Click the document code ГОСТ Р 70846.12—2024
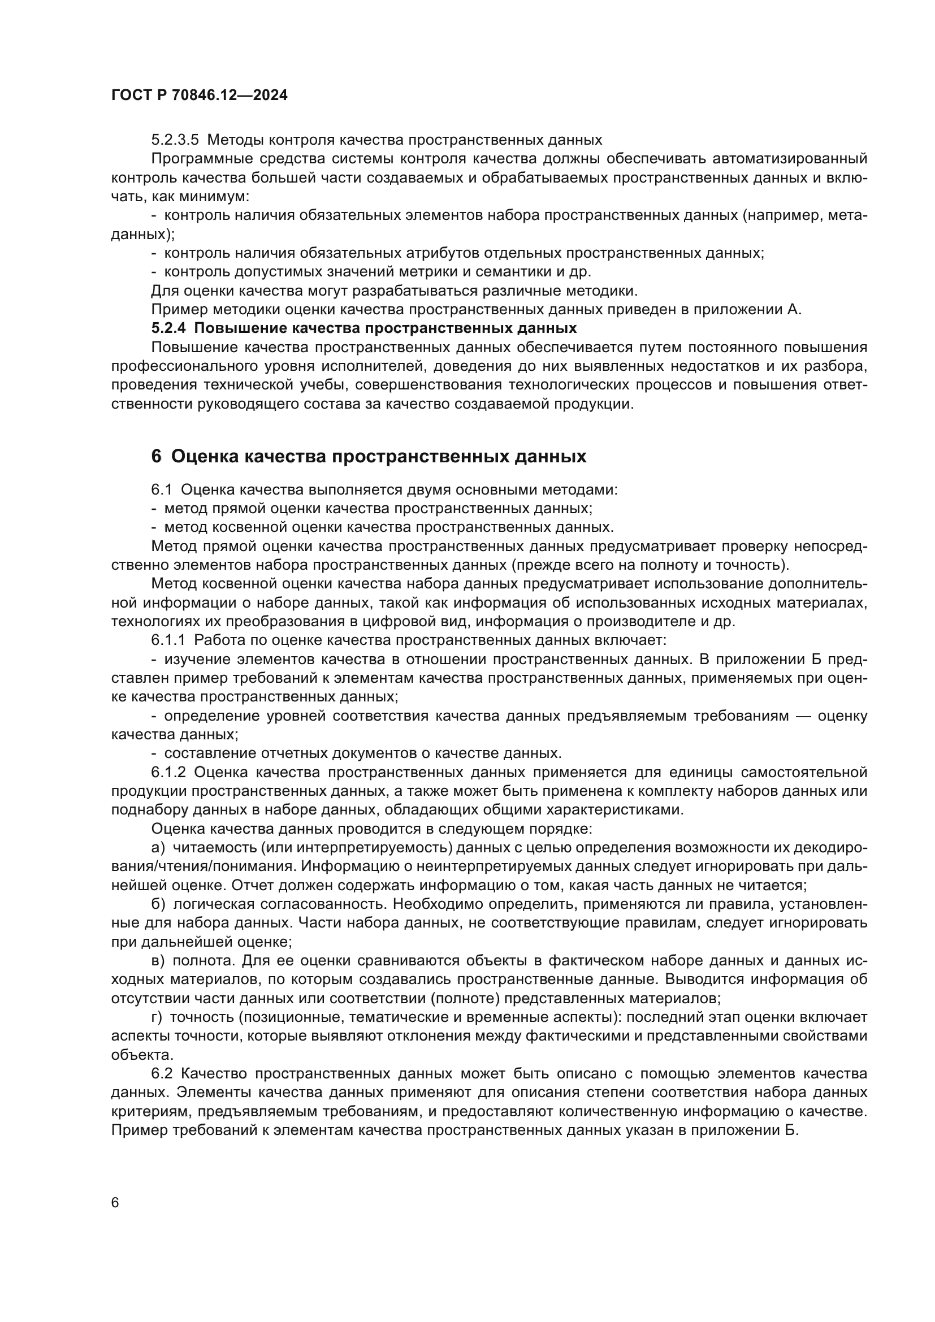click(x=199, y=95)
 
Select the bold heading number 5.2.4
click(x=168, y=328)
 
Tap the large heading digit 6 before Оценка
click(x=157, y=456)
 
